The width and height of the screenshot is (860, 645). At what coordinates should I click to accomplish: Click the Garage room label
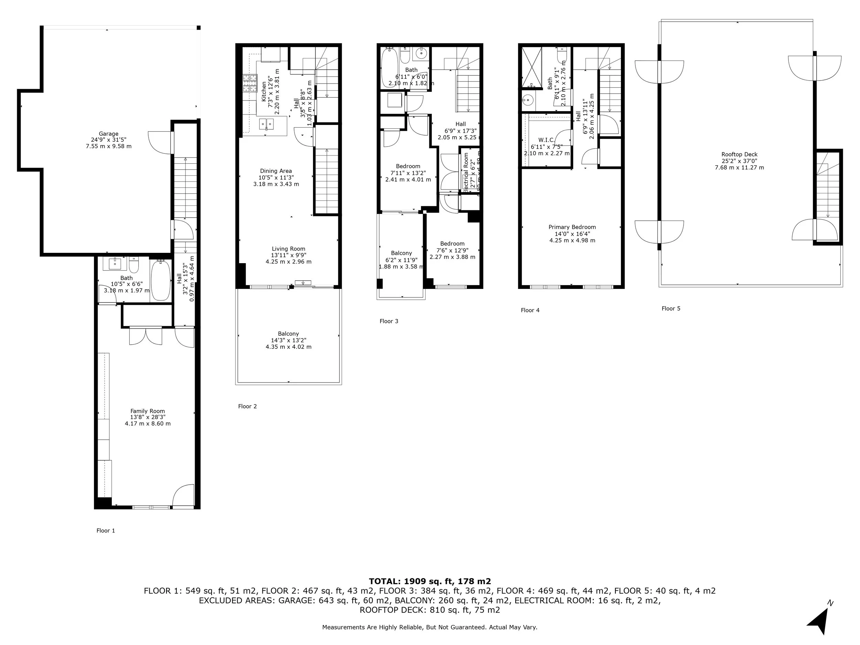(108, 134)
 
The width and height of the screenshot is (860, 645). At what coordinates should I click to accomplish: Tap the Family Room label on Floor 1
(147, 411)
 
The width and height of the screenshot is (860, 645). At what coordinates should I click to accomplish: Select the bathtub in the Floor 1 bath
(160, 280)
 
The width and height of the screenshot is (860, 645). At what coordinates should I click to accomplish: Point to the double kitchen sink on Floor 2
(266, 125)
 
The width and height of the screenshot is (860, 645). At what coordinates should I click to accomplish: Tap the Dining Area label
(276, 171)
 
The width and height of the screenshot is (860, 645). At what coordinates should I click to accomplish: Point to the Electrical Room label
(466, 171)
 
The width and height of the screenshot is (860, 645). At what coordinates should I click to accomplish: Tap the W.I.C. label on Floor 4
(546, 140)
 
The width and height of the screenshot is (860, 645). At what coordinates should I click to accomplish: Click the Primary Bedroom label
(572, 227)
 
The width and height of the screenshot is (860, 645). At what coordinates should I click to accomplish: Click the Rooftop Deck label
(739, 154)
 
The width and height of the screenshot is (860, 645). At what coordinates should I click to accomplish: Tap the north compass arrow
(819, 621)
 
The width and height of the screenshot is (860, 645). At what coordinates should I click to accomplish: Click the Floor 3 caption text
(389, 321)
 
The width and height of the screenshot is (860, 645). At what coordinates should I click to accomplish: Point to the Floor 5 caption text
(671, 309)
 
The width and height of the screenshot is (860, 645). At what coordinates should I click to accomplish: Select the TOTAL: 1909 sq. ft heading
(430, 581)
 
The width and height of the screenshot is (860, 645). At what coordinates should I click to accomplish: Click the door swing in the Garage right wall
(159, 142)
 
